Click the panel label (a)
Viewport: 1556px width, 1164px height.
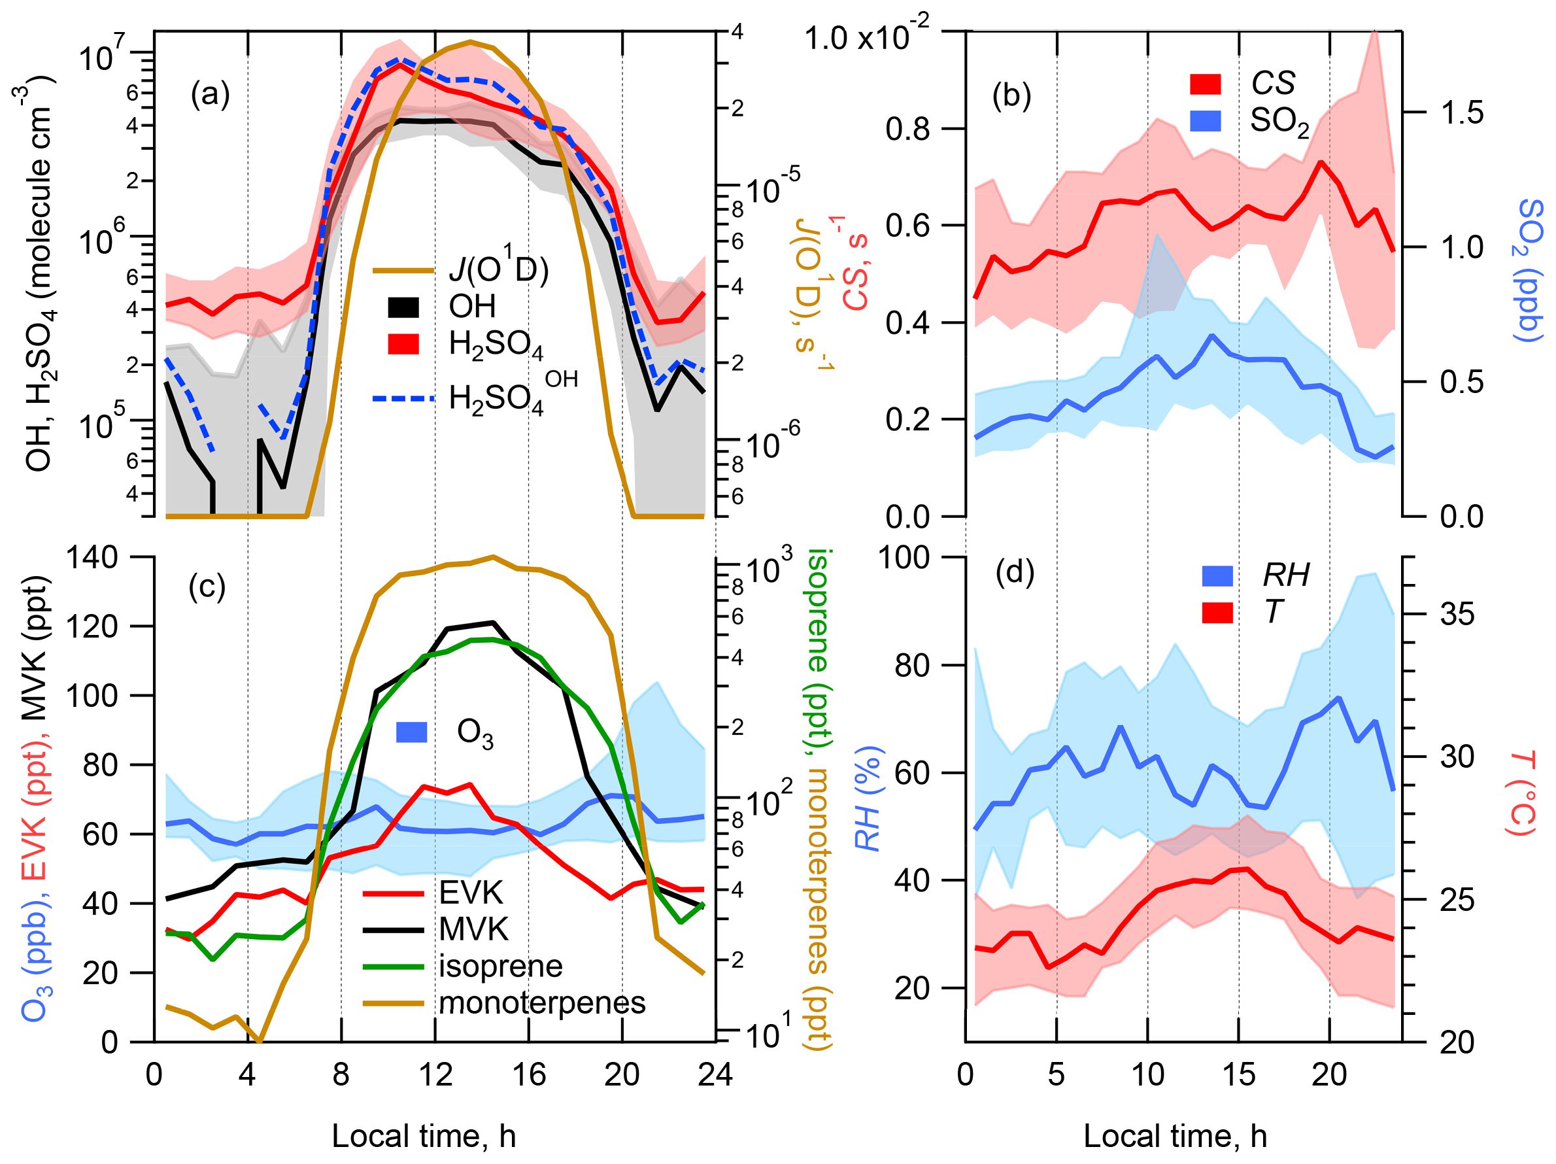[211, 94]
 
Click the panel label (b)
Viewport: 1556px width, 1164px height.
[1011, 95]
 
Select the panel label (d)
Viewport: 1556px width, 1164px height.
[1015, 573]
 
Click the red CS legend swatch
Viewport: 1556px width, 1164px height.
[1205, 84]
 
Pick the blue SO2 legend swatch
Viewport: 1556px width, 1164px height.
[1205, 121]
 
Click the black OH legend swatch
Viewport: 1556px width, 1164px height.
[403, 307]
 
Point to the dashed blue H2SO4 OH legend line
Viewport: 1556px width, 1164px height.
[403, 399]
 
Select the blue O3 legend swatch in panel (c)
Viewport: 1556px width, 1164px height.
[411, 732]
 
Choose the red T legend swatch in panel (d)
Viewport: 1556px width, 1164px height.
[1217, 612]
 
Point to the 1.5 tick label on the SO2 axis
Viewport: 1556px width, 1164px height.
[1462, 112]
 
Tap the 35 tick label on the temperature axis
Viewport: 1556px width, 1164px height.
[1457, 615]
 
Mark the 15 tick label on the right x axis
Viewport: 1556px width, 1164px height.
[1238, 1074]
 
